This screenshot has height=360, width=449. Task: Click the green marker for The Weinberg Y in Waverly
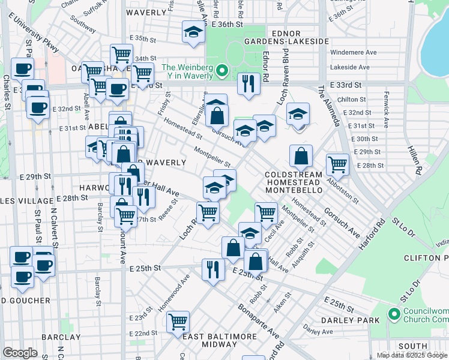point(222,71)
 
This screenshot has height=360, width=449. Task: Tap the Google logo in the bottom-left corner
point(20,353)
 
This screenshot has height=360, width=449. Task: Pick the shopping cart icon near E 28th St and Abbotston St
point(338,164)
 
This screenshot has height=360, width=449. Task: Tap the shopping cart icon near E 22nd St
point(178,322)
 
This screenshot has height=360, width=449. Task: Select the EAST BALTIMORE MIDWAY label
point(210,340)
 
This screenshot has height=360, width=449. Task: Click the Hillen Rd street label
point(413,160)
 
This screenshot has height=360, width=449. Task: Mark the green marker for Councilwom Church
point(394,314)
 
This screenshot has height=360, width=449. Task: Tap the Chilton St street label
point(352,100)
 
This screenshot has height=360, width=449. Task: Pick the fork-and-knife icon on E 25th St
point(213,269)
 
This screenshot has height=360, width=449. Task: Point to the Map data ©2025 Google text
point(411,355)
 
